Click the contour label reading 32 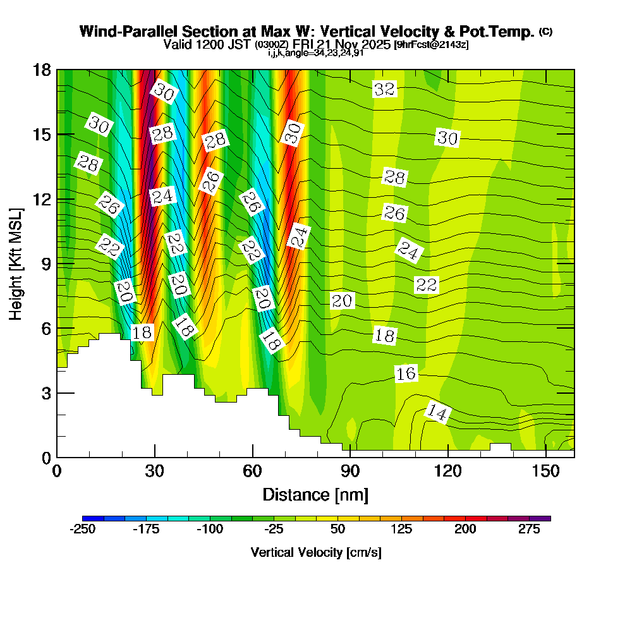pos(384,89)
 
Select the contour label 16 pos(406,374)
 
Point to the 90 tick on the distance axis pos(350,471)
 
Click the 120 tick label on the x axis pos(447,471)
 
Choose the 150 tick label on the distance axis pos(545,471)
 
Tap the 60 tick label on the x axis pos(252,471)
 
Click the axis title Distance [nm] pos(315,494)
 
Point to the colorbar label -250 pos(82,529)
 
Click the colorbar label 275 pos(530,529)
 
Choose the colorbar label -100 pos(210,529)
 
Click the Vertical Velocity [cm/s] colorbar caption pos(316,552)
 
